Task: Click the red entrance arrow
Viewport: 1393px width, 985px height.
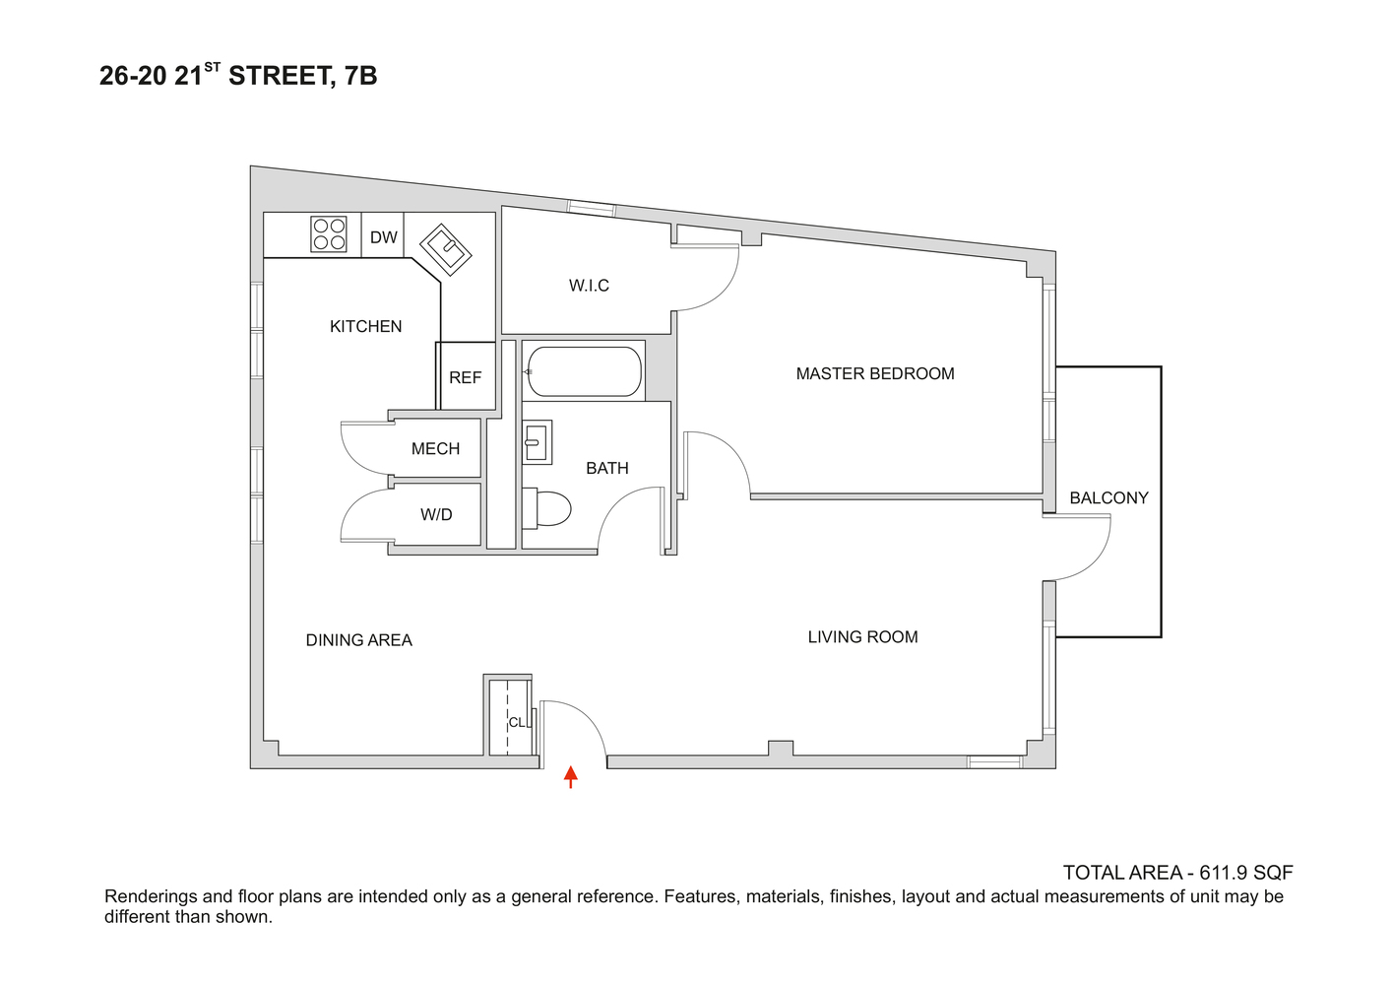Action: tap(570, 776)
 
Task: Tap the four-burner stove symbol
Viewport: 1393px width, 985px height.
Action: tap(329, 233)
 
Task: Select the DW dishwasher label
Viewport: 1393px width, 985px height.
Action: tap(384, 237)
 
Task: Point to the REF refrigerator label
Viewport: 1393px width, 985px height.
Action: tap(466, 377)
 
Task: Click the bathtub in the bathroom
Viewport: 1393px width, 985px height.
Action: tap(583, 371)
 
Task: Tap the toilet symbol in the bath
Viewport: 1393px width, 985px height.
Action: tap(547, 507)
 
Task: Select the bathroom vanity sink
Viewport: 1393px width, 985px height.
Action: tap(537, 441)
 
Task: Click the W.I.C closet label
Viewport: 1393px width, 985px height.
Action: tap(589, 286)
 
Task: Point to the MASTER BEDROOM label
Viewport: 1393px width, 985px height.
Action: tap(875, 373)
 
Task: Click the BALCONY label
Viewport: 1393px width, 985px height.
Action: tap(1108, 497)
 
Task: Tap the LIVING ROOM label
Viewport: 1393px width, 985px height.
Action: tap(862, 637)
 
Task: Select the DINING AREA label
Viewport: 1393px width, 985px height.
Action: tap(358, 640)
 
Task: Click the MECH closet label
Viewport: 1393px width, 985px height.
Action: tap(435, 449)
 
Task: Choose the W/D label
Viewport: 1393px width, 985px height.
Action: tap(436, 514)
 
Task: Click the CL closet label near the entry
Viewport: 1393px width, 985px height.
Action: tap(516, 722)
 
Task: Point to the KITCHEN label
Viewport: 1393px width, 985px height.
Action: tap(365, 326)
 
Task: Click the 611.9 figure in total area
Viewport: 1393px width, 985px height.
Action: tap(1224, 873)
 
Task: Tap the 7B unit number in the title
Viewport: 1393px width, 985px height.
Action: tap(361, 76)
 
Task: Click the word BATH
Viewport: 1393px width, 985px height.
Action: tap(606, 468)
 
